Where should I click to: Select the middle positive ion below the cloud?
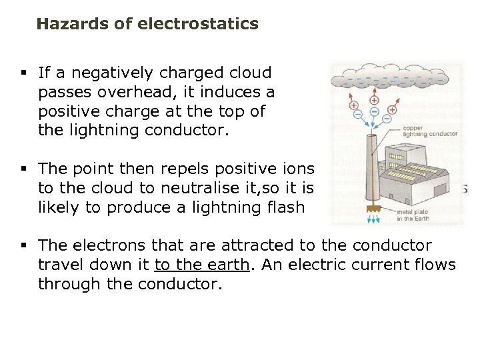click(373, 100)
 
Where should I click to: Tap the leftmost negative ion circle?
click(357, 114)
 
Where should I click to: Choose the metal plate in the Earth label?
click(413, 215)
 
